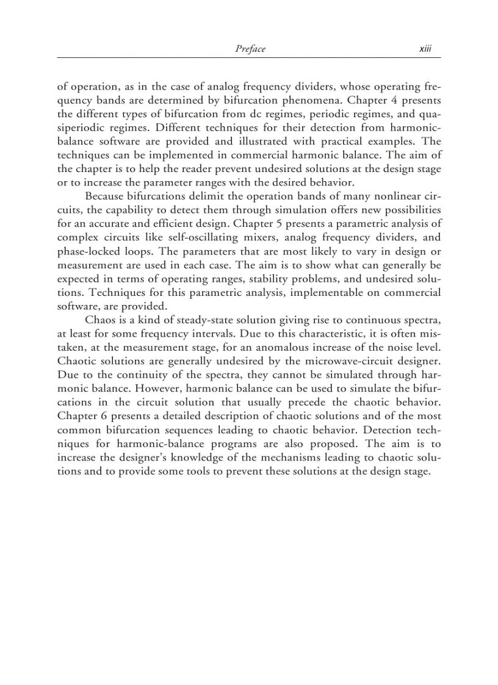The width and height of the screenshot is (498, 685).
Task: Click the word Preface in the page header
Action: [x=250, y=49]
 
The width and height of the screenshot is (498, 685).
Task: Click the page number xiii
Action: [x=425, y=49]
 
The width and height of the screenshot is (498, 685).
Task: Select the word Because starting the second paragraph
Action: [x=106, y=196]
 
